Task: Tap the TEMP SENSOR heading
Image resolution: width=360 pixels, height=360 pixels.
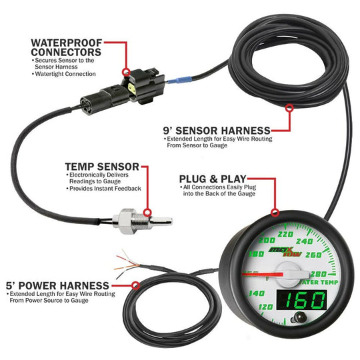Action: click(x=101, y=166)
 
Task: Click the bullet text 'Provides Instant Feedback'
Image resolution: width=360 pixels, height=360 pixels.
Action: click(x=105, y=189)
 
